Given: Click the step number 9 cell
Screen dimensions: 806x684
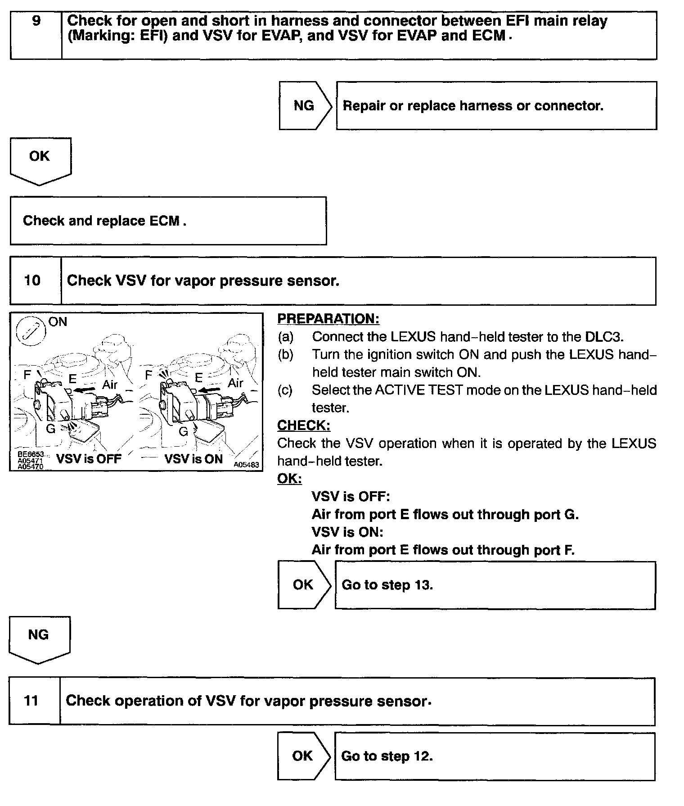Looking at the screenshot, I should coord(36,35).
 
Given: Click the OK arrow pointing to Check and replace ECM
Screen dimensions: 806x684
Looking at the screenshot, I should coord(40,160).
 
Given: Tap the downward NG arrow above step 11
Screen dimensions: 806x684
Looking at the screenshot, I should coord(39,638).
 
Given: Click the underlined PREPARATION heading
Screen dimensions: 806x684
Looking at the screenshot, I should coord(328,319).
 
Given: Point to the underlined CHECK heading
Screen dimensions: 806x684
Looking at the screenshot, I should coord(303,425).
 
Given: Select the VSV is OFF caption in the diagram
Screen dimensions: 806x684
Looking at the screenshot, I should coord(89,459).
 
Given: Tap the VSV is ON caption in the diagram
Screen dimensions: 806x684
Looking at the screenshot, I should coord(193,459).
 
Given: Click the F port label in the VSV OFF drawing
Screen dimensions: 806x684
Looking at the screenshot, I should coord(27,374).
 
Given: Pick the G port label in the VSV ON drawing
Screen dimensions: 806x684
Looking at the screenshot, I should coord(183,431).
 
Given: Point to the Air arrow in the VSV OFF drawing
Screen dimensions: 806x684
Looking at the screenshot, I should coord(85,389).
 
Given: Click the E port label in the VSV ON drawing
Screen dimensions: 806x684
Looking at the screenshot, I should coord(198,378).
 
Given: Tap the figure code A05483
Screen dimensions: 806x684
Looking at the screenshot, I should coord(246,465).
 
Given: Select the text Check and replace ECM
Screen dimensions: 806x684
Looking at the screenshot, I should coord(104,221).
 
